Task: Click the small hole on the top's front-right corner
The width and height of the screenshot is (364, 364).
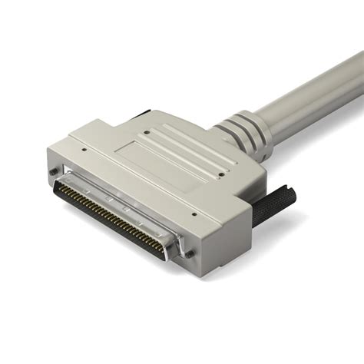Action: pos(194,215)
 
